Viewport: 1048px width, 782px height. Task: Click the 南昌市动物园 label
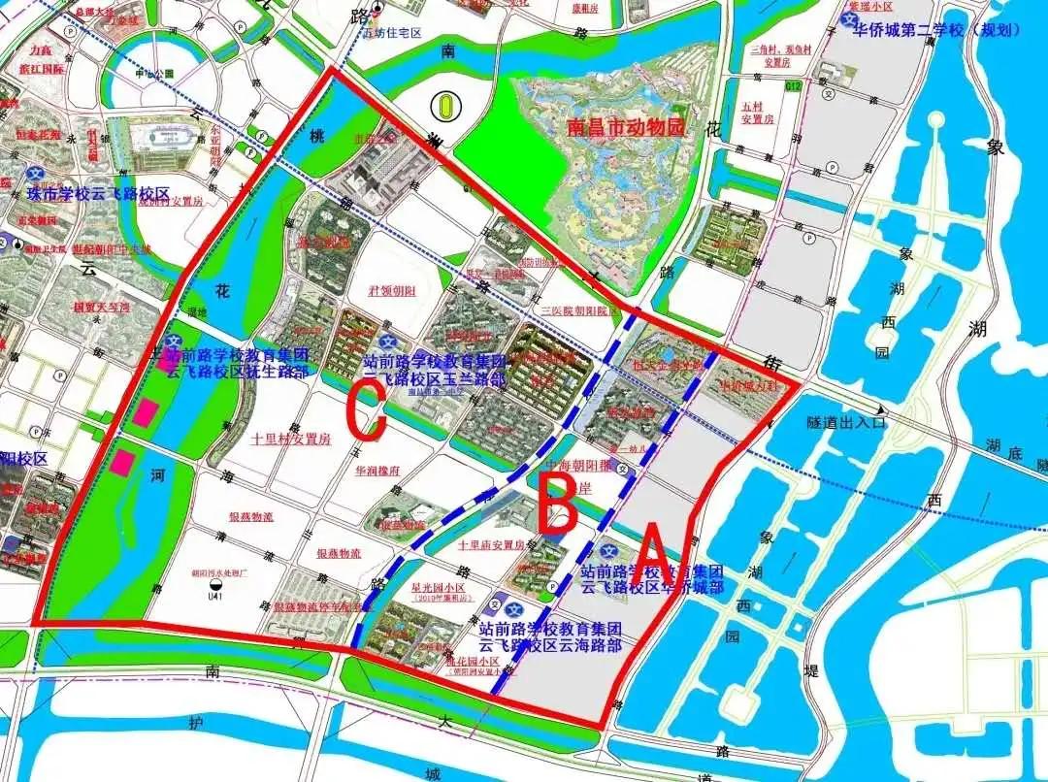click(627, 127)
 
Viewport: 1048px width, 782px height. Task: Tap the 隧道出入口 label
click(845, 422)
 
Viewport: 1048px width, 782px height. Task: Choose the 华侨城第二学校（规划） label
click(937, 30)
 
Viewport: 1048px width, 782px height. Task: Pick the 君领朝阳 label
click(392, 291)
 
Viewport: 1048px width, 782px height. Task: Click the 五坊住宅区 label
click(392, 33)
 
